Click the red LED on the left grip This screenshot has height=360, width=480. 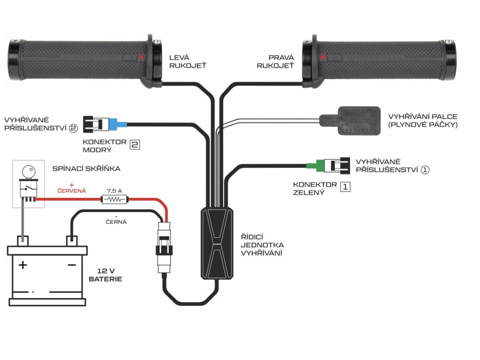[140, 57]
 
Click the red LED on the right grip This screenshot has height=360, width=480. [322, 57]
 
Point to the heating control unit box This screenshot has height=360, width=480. [217, 244]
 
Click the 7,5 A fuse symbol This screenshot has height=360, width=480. [114, 200]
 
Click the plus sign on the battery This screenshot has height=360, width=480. [22, 265]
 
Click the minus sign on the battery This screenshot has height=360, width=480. [72, 265]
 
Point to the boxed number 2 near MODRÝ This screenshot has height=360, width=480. [135, 145]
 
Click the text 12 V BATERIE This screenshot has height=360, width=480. [105, 275]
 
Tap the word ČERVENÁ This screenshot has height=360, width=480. [72, 191]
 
